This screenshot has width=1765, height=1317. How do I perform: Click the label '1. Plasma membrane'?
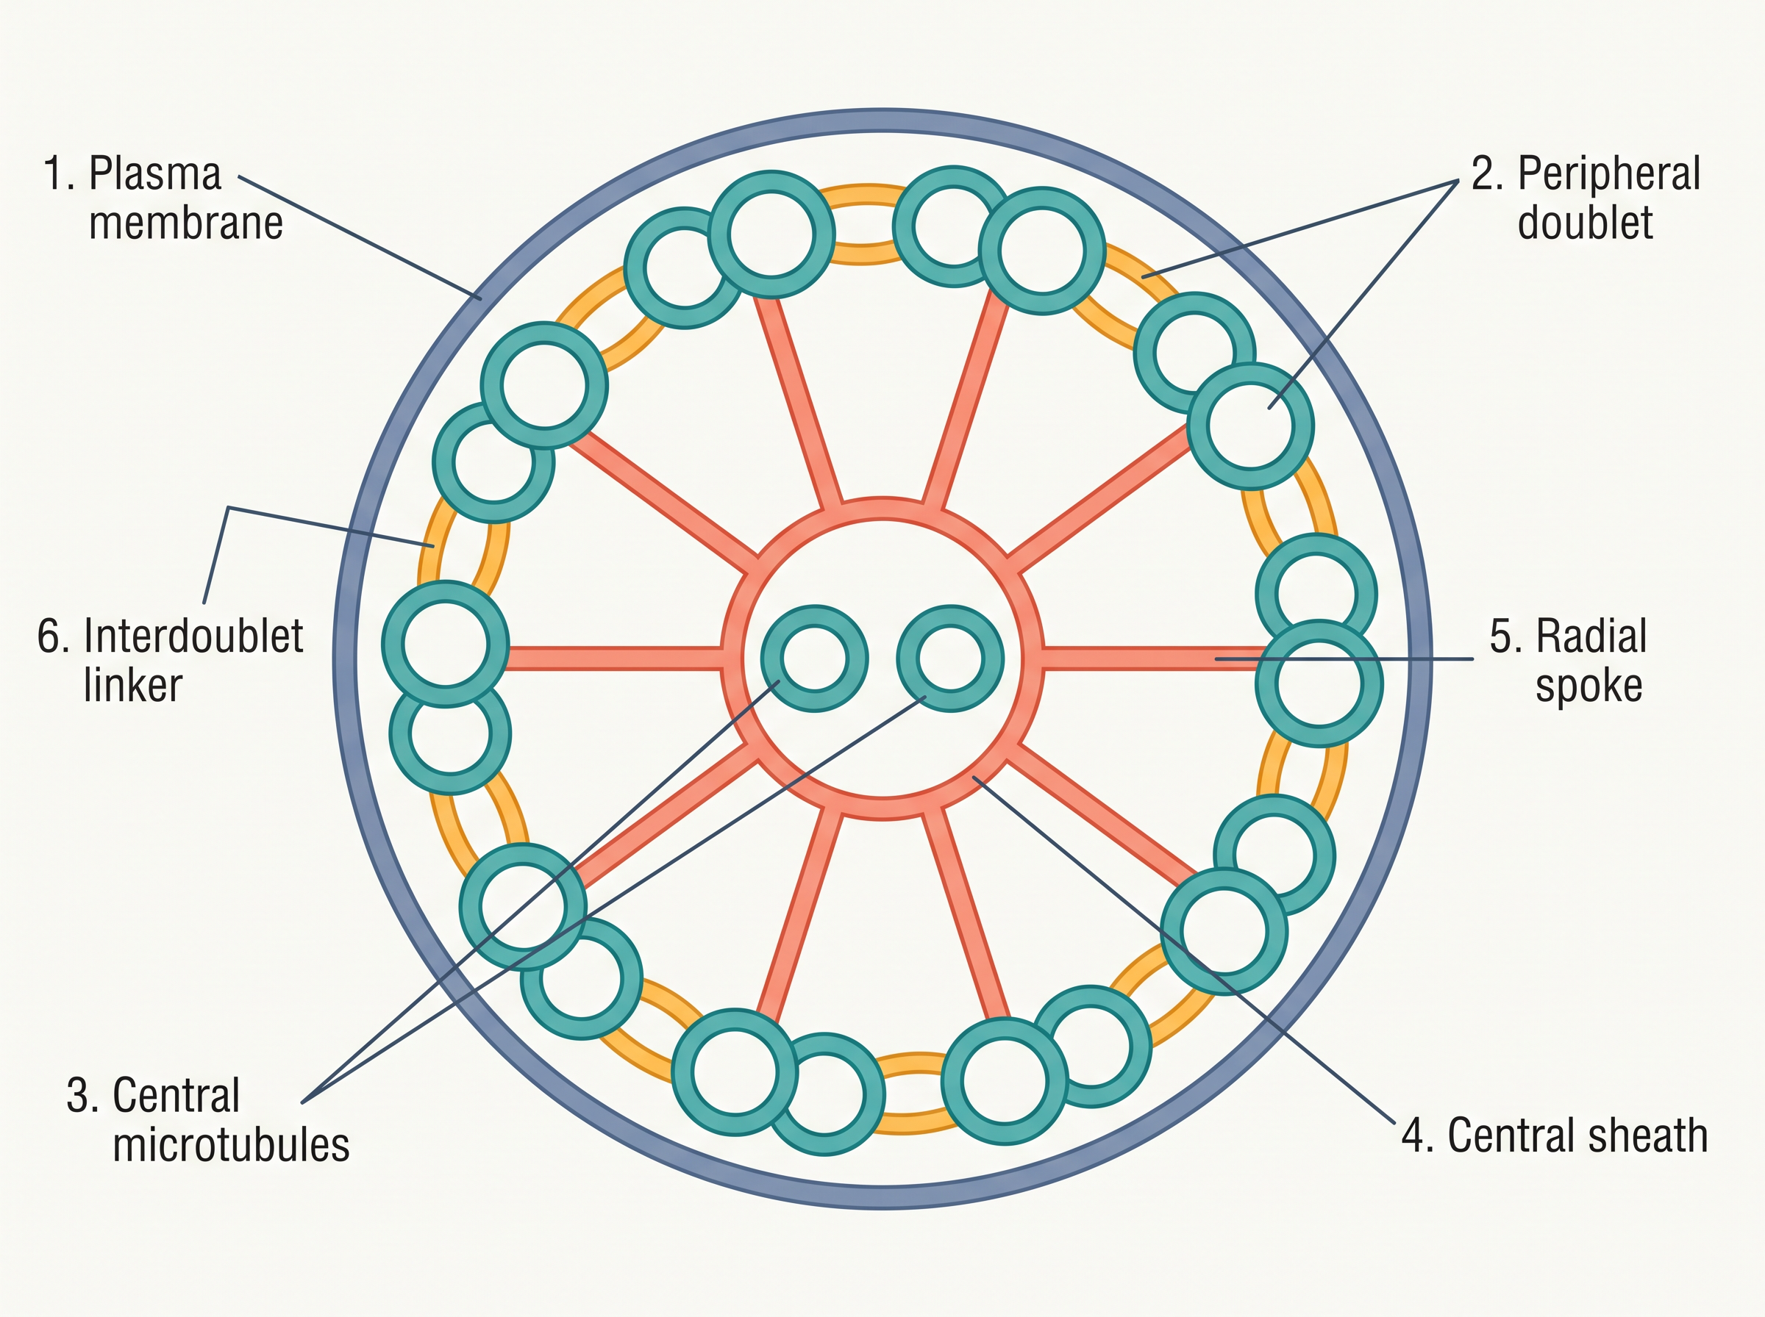(163, 198)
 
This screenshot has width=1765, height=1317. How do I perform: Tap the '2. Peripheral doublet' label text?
(1585, 198)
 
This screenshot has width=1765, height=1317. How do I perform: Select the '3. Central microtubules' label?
(207, 1119)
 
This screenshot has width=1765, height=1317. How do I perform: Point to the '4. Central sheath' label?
(1555, 1135)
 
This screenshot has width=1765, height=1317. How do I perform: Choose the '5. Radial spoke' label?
(1568, 660)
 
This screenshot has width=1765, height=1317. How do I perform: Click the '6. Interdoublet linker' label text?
(170, 660)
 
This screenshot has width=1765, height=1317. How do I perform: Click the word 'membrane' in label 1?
(186, 223)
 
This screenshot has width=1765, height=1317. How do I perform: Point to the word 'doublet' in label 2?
(1585, 223)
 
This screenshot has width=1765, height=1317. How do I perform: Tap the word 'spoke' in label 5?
(1588, 686)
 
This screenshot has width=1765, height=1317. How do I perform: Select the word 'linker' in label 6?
(133, 685)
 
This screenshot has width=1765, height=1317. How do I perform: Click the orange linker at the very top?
(864, 191)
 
